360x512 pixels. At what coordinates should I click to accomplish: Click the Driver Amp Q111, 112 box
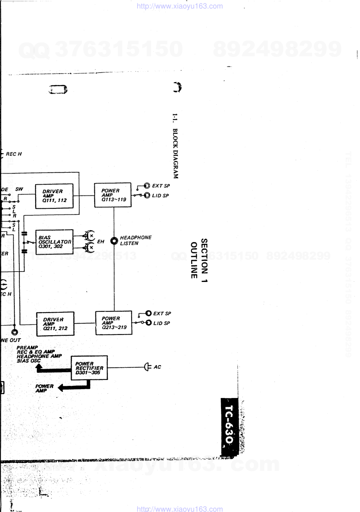tap(54, 196)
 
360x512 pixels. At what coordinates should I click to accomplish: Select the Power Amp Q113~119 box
tap(113, 195)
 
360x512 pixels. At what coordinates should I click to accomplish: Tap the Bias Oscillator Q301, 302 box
tap(54, 242)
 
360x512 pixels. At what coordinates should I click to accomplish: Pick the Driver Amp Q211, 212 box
tap(55, 324)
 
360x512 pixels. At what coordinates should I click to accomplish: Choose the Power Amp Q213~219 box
tap(114, 323)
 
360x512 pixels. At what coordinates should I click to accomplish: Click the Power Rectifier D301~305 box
tap(89, 368)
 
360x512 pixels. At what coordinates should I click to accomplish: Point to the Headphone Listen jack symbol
tap(114, 241)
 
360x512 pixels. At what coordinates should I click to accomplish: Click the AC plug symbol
tap(147, 367)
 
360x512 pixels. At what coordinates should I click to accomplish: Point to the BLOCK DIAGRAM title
tap(175, 153)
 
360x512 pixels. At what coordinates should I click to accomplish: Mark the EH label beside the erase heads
tap(101, 242)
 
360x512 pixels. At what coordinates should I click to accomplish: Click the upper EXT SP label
tap(161, 186)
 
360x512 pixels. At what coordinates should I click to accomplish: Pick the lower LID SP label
tap(162, 323)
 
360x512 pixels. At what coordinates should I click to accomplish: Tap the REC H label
tap(14, 154)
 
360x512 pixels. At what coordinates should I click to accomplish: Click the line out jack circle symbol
tap(14, 332)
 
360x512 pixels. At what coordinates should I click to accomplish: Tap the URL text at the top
tap(180, 6)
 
